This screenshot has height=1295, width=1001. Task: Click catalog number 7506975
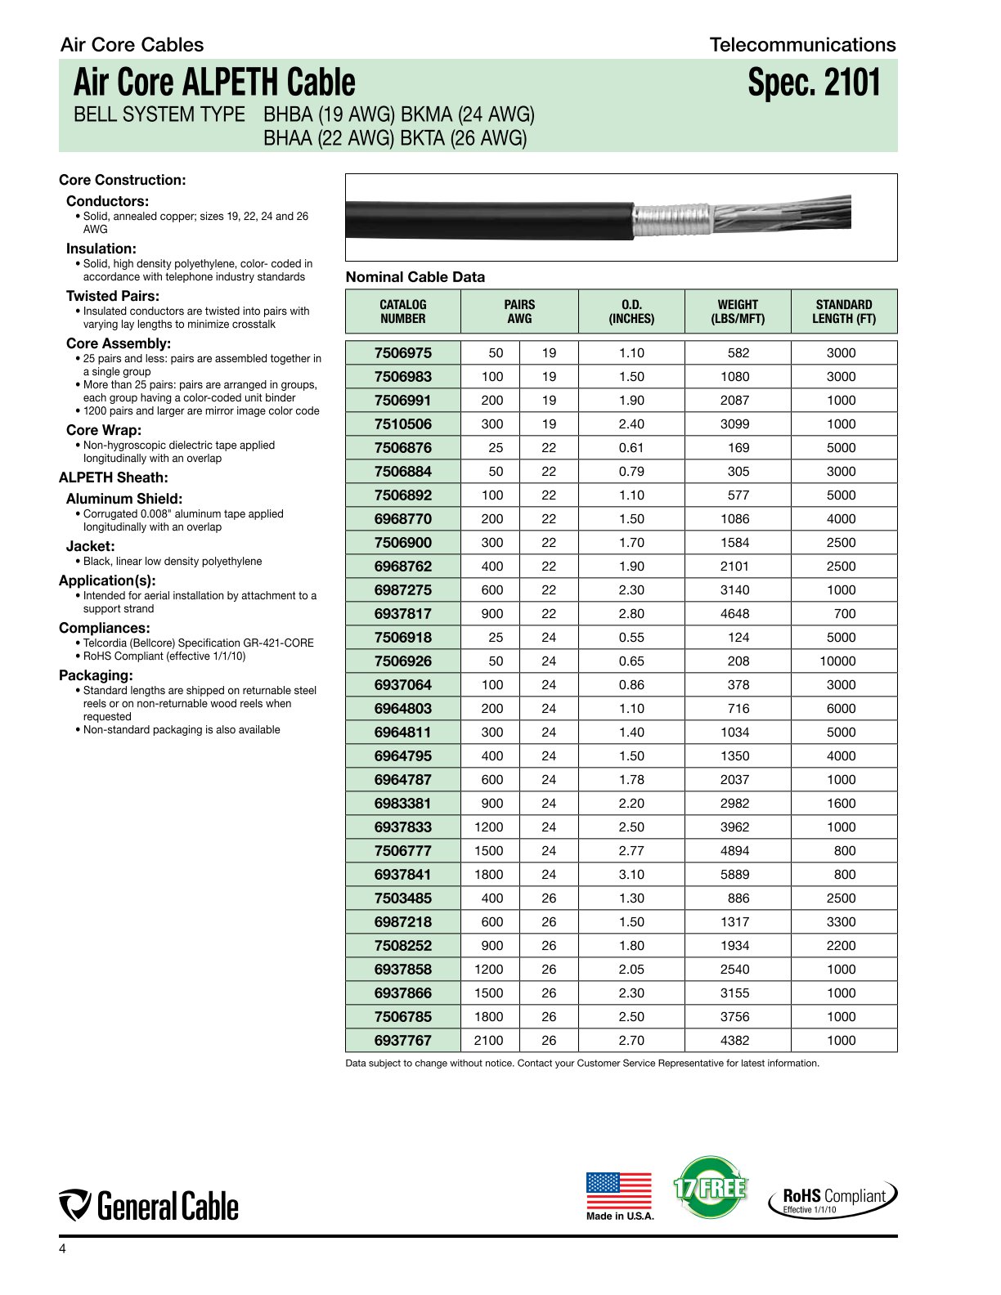click(402, 353)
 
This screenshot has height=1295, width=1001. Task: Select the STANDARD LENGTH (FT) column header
click(843, 311)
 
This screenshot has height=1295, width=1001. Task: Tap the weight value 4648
click(734, 614)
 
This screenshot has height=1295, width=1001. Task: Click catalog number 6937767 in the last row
click(402, 1041)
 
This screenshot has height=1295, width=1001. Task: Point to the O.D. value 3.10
click(631, 875)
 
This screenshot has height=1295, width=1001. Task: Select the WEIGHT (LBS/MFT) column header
click(738, 311)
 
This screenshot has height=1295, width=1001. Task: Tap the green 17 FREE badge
click(710, 1187)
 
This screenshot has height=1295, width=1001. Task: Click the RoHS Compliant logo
click(833, 1199)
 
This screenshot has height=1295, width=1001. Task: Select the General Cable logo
click(149, 1206)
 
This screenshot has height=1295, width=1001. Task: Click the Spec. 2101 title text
click(814, 83)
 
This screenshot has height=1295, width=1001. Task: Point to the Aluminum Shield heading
click(124, 499)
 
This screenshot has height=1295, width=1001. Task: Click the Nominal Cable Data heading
click(415, 277)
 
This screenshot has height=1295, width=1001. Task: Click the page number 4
click(62, 1249)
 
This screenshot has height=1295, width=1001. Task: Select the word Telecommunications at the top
click(802, 45)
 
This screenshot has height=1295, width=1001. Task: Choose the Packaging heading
click(96, 675)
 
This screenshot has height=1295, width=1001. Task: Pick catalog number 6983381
click(402, 804)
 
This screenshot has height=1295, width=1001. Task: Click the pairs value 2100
click(489, 1041)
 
